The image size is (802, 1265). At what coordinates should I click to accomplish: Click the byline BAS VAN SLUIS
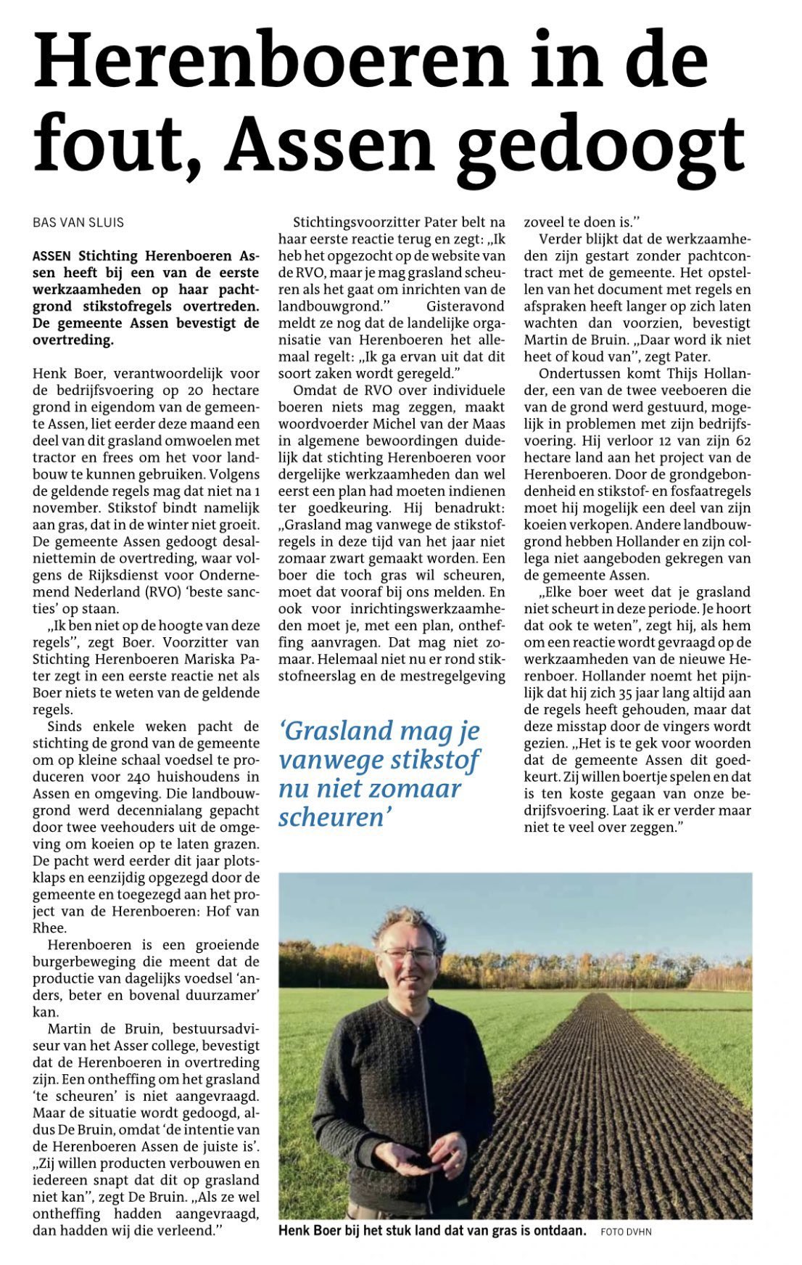(78, 223)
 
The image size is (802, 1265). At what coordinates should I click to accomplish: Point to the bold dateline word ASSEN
(51, 256)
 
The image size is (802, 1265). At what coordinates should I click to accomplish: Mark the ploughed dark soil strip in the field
(616, 1089)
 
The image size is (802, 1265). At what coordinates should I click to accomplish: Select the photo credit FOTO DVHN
(626, 1232)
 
